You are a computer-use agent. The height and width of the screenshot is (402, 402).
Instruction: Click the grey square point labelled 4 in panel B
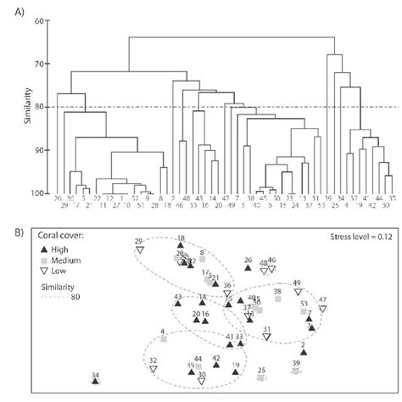tap(163, 338)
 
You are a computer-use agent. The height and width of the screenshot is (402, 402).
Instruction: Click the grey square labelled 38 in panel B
tap(276, 299)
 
